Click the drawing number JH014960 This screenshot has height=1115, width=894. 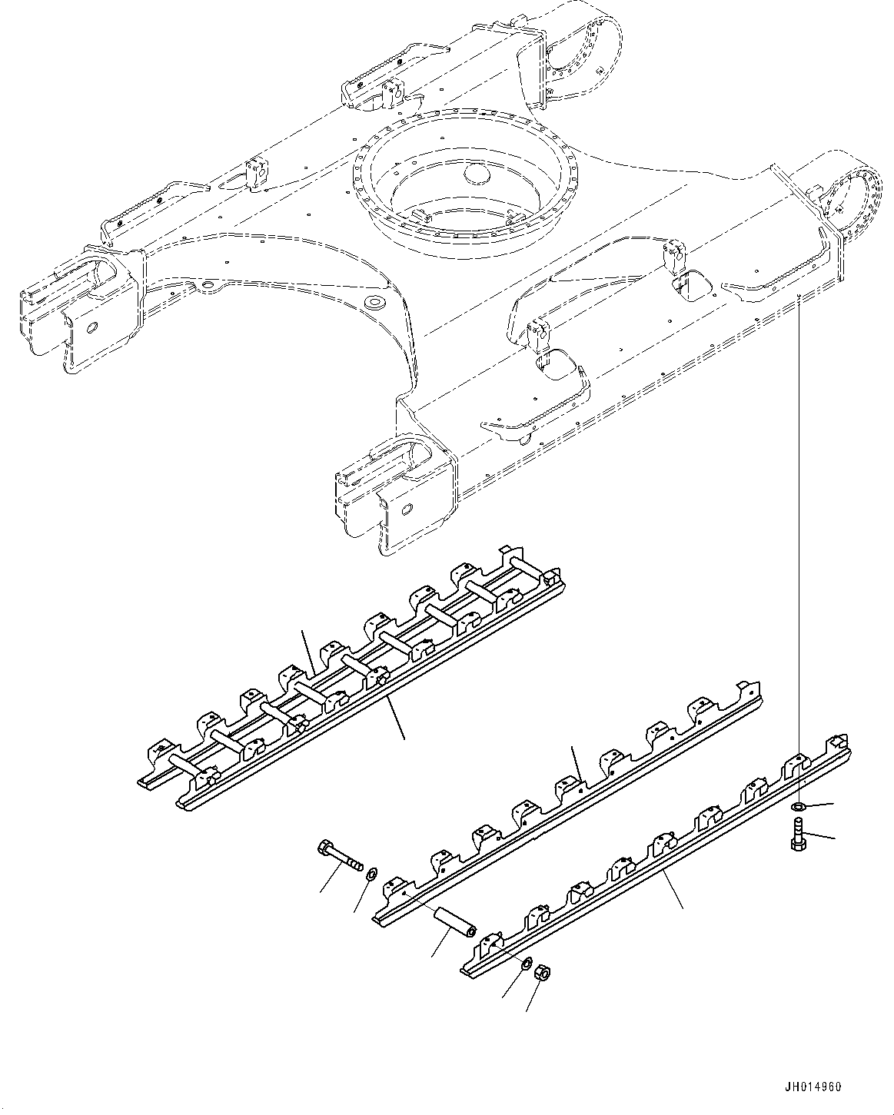[814, 1087]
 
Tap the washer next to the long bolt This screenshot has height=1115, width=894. [371, 874]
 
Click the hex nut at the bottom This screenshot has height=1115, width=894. [540, 973]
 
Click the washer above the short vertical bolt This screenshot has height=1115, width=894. [798, 807]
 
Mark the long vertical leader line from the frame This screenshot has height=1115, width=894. [799, 538]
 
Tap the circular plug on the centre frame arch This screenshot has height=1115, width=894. [376, 302]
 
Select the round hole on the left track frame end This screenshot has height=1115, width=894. [91, 329]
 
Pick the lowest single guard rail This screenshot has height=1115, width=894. [653, 861]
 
